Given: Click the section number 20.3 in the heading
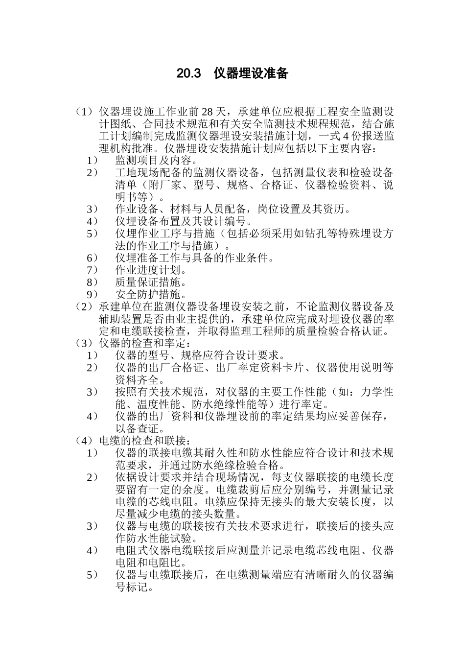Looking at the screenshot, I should coord(189,74).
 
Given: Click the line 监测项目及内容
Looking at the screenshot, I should coord(156,160).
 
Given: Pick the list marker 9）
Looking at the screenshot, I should coord(93,295).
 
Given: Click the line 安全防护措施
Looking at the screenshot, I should coord(151,295).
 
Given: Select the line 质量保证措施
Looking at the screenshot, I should coord(151,282).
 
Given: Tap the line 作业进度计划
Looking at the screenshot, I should coord(151,270).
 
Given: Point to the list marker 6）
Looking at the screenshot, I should coord(93,258).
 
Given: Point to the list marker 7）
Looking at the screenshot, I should coord(93,270).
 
